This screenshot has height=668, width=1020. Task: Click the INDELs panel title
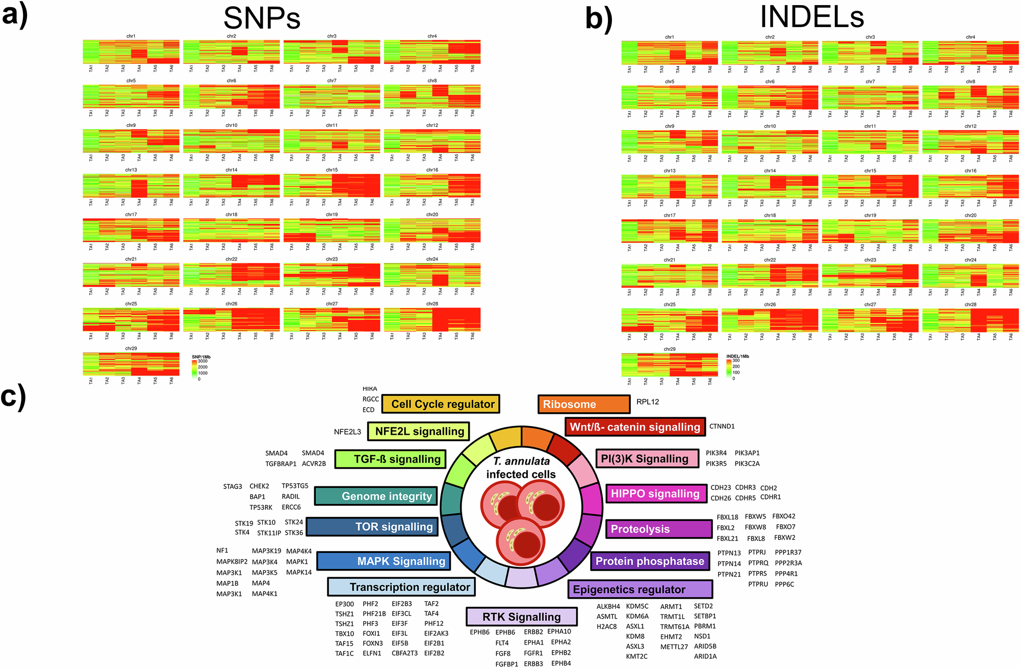point(812,17)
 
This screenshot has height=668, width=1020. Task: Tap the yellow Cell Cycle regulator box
point(441,404)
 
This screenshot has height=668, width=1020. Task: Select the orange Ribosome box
point(583,404)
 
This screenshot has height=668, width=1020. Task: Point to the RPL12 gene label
point(648,402)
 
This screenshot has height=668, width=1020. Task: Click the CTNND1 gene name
point(722,426)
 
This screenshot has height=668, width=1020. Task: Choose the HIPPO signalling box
point(655,494)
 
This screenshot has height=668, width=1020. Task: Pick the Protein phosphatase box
point(650,561)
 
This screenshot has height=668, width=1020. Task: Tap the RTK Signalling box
point(521,616)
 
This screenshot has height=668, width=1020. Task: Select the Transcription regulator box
point(401,587)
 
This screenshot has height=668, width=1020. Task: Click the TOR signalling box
point(372,527)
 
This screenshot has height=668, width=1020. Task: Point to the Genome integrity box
point(376,496)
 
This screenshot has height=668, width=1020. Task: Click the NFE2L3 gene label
point(347,432)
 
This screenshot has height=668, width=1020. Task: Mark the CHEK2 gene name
point(259,486)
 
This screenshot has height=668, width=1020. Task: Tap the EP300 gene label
point(344,604)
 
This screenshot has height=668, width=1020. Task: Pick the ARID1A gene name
point(705,656)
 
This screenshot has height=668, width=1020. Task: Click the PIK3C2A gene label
point(747,464)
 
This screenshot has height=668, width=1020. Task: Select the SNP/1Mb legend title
point(201,356)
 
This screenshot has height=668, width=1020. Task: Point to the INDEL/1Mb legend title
point(737,356)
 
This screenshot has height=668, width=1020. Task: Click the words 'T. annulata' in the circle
point(521,461)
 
